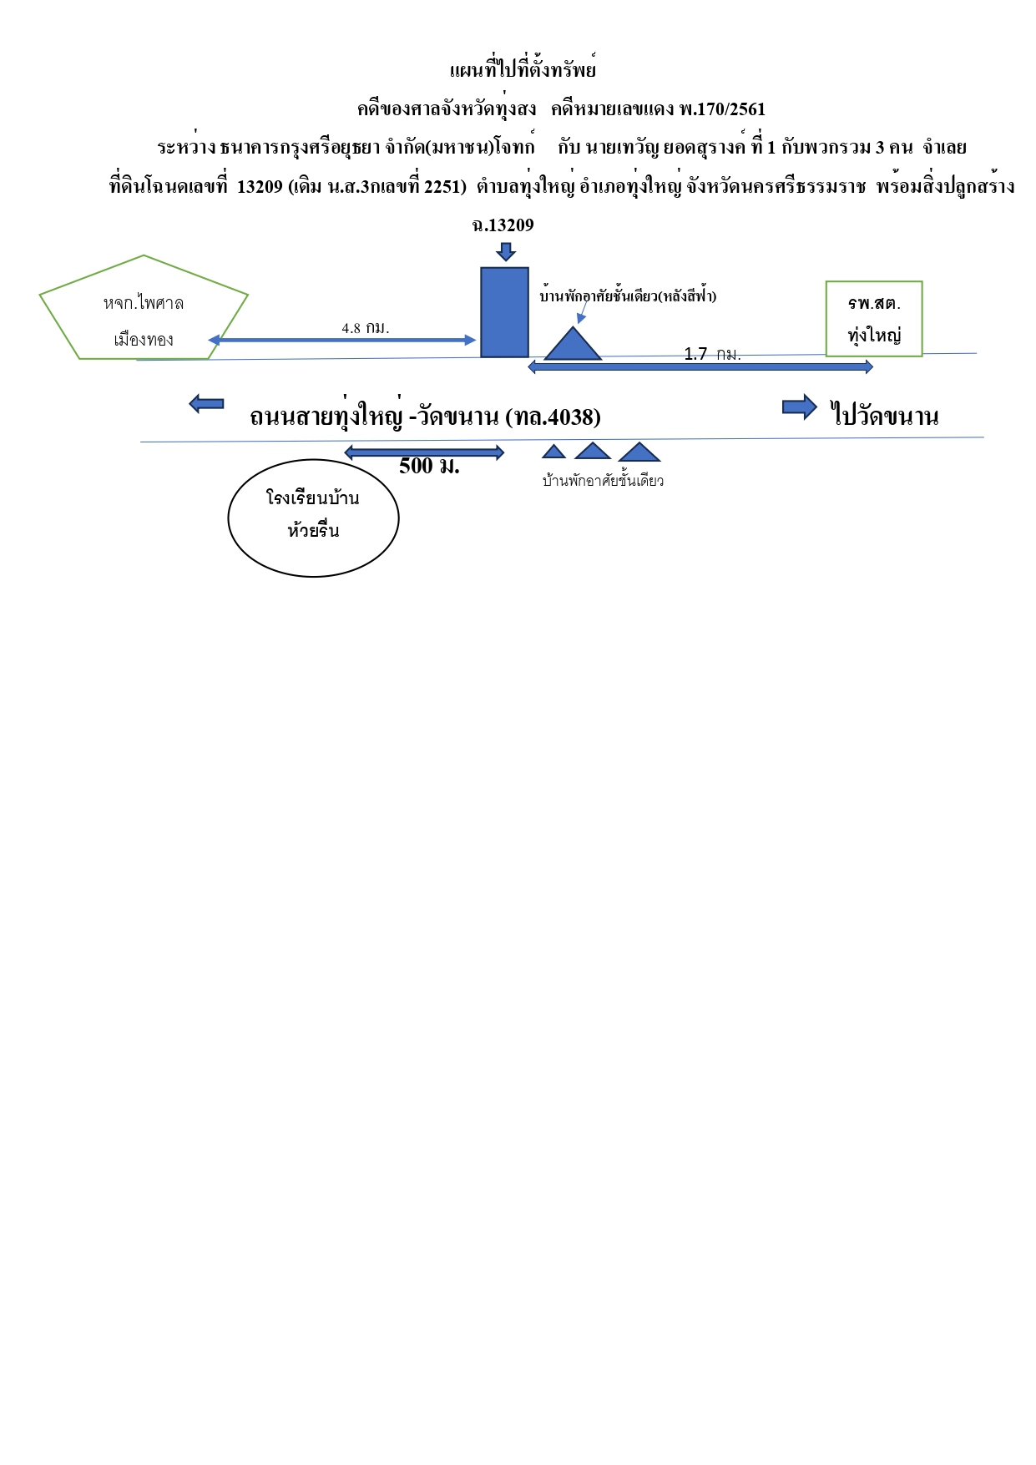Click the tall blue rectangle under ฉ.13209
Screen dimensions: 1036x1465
click(x=504, y=312)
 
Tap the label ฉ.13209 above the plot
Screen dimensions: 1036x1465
click(x=503, y=225)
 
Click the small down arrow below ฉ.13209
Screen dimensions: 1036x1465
click(x=505, y=251)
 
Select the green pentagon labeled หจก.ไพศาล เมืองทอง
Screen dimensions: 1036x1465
click(x=144, y=307)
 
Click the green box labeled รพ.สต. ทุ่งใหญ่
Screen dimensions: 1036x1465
click(x=874, y=319)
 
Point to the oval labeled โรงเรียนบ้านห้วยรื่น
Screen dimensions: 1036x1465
click(x=313, y=518)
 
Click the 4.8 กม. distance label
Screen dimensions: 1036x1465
click(x=366, y=328)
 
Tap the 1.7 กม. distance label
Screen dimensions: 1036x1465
click(x=712, y=354)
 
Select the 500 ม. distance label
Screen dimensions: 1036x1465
click(x=429, y=466)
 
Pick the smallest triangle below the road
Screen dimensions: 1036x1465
click(x=553, y=452)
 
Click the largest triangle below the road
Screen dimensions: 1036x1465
click(x=639, y=452)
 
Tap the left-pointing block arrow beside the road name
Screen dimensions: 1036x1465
click(x=206, y=404)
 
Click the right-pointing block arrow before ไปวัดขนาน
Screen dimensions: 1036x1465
click(x=800, y=407)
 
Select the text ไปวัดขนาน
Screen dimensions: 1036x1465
click(x=885, y=415)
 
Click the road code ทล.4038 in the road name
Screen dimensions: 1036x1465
click(x=553, y=416)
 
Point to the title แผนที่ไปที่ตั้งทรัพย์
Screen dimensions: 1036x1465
click(x=523, y=69)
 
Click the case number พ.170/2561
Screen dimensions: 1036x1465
click(x=722, y=109)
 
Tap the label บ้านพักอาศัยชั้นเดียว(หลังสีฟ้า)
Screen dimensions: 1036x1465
click(x=628, y=296)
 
